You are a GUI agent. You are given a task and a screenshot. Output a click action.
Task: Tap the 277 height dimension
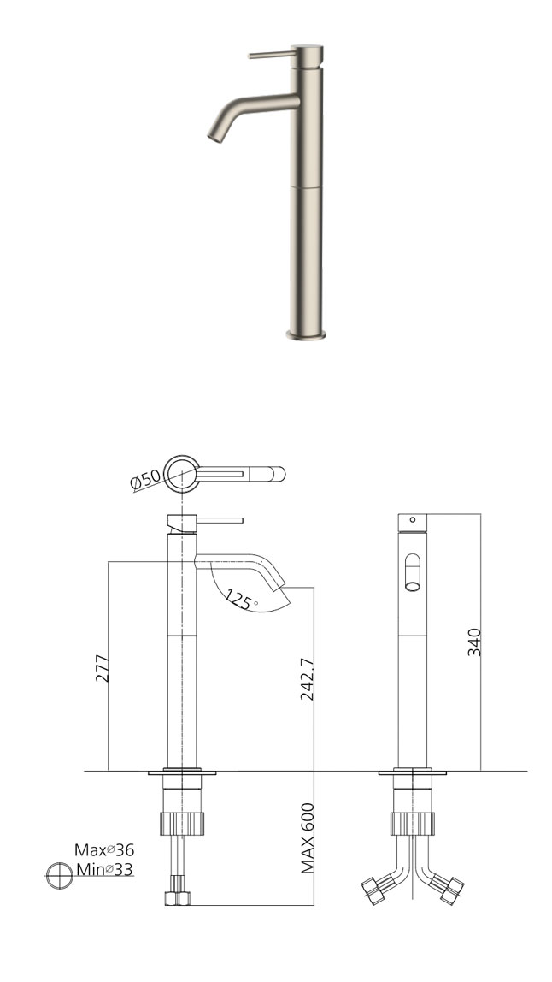point(102,668)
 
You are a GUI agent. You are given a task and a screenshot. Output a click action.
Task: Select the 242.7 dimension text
point(307,679)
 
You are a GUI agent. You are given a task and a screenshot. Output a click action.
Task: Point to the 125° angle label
point(240,600)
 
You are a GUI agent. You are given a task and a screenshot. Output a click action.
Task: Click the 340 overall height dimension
point(474,642)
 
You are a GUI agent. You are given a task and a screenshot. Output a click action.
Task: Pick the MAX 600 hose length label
point(307,838)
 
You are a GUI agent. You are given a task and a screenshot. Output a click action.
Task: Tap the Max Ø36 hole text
point(104,850)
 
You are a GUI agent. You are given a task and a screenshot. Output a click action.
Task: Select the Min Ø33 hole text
point(104,869)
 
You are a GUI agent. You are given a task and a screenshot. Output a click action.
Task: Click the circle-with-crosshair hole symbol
point(60,875)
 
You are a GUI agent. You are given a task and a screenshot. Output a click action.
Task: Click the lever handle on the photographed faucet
point(273,55)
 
